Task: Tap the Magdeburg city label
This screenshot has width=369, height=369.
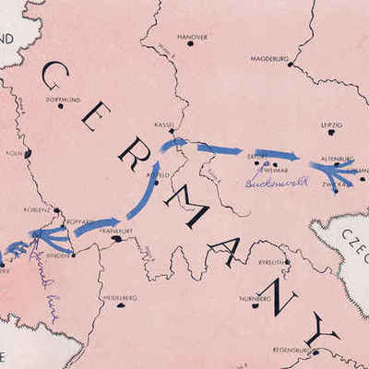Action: click(x=269, y=58)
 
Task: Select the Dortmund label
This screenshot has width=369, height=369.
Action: click(x=62, y=99)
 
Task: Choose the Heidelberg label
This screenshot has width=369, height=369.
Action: click(x=120, y=298)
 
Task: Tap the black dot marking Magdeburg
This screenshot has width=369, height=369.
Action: click(x=290, y=64)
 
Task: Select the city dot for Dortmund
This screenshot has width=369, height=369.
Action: click(x=61, y=106)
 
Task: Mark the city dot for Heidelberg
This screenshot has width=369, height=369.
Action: click(x=119, y=304)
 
